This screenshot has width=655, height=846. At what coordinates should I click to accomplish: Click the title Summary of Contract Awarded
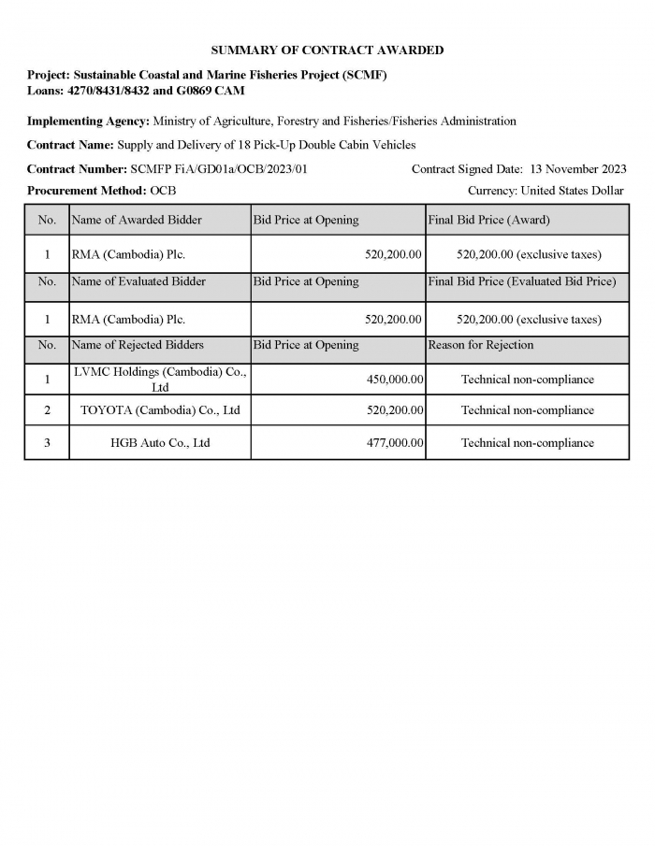(327, 50)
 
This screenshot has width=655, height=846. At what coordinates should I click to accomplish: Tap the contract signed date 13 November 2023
(577, 169)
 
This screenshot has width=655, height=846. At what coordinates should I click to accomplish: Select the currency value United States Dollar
(572, 191)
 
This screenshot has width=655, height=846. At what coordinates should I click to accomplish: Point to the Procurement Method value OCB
(163, 191)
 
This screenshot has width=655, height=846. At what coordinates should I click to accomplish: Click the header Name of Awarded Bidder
(137, 221)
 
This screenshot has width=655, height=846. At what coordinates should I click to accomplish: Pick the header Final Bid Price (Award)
(489, 221)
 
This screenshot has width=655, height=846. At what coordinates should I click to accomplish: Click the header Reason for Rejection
(481, 345)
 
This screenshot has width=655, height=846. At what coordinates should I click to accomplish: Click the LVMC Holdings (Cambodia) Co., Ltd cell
(160, 380)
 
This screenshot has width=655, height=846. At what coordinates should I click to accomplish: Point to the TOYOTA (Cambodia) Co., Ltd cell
(160, 410)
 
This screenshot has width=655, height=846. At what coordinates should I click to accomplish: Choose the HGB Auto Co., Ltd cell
(160, 443)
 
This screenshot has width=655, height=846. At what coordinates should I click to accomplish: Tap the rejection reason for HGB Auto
(527, 443)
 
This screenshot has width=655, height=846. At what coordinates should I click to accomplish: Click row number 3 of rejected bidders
(47, 443)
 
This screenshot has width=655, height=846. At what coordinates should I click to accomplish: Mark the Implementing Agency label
(88, 122)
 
